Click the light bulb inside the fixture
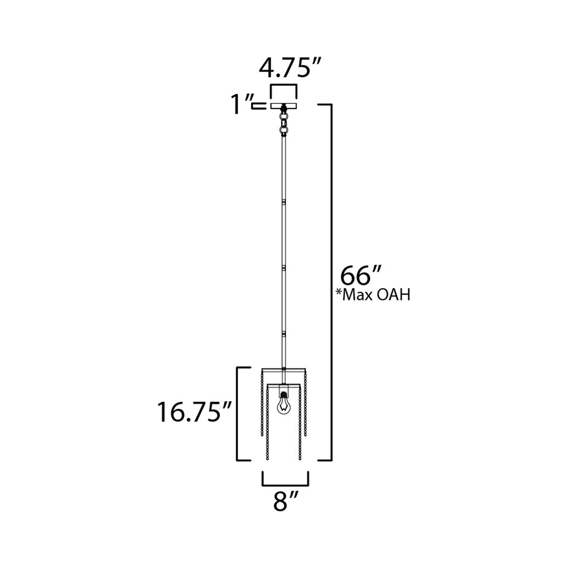pos(283,406)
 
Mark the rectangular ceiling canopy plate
pos(283,106)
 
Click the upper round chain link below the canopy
pos(283,117)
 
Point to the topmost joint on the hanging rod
pos(283,202)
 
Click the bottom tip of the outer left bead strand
pos(262,437)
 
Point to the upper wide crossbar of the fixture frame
pos(283,369)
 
